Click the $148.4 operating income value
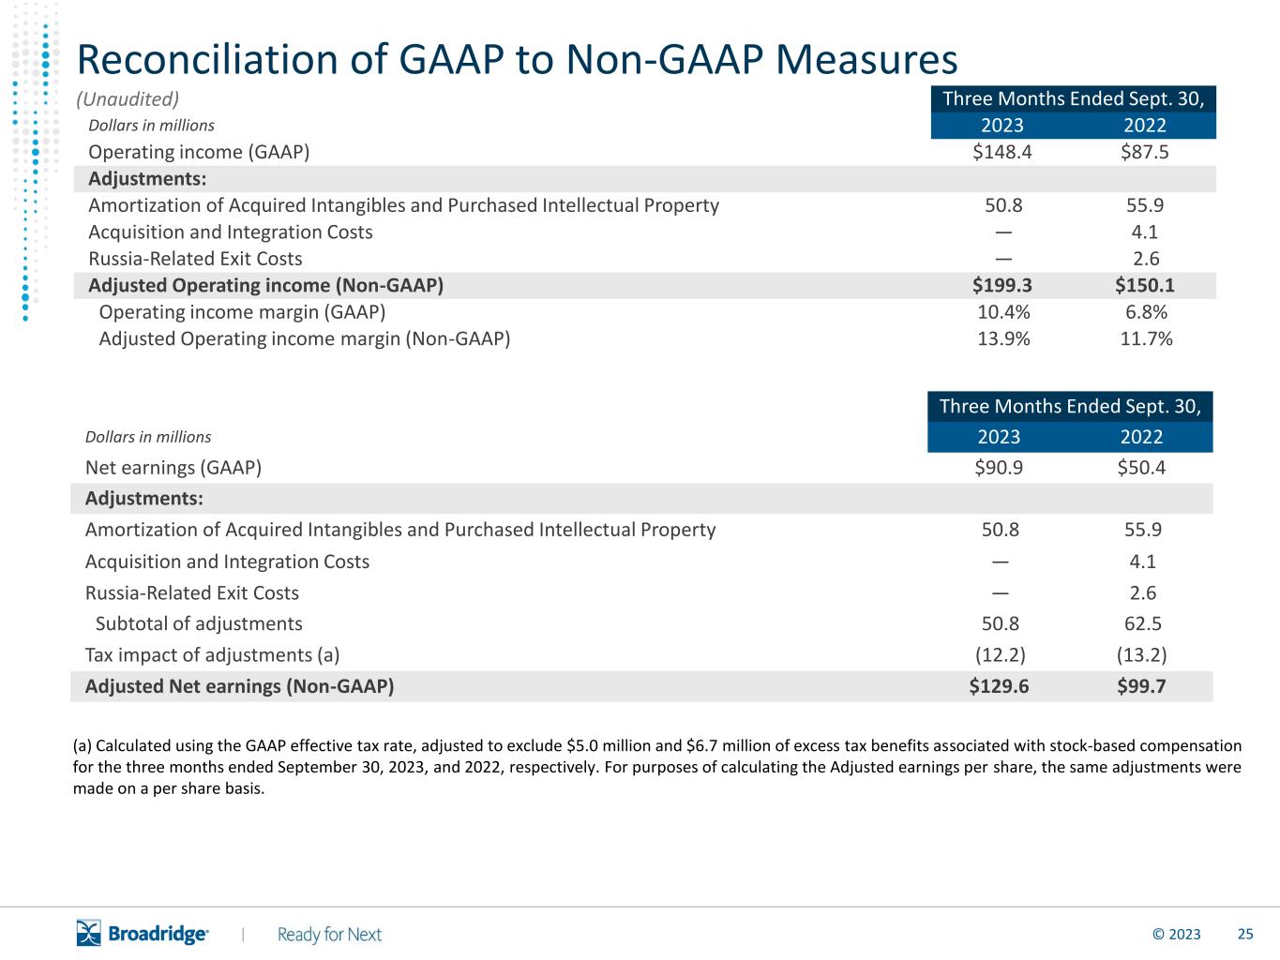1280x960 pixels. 1001,152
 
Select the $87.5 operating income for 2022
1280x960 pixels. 1144,152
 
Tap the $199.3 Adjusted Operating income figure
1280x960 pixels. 1001,285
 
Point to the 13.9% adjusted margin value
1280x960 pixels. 1003,338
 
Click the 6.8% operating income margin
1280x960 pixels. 1146,312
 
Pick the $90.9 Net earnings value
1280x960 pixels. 999,468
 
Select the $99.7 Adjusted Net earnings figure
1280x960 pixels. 1141,686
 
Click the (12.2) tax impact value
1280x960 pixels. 1001,655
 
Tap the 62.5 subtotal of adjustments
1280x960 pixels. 1142,623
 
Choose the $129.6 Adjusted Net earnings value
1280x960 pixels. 999,686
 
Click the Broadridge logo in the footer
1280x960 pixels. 143,933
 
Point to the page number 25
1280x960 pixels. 1245,935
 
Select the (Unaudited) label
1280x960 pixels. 128,99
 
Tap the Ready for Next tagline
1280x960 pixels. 329,935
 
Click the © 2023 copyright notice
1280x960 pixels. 1176,935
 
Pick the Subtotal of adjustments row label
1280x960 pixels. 199,623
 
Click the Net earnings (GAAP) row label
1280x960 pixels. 173,468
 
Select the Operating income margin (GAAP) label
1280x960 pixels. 242,312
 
